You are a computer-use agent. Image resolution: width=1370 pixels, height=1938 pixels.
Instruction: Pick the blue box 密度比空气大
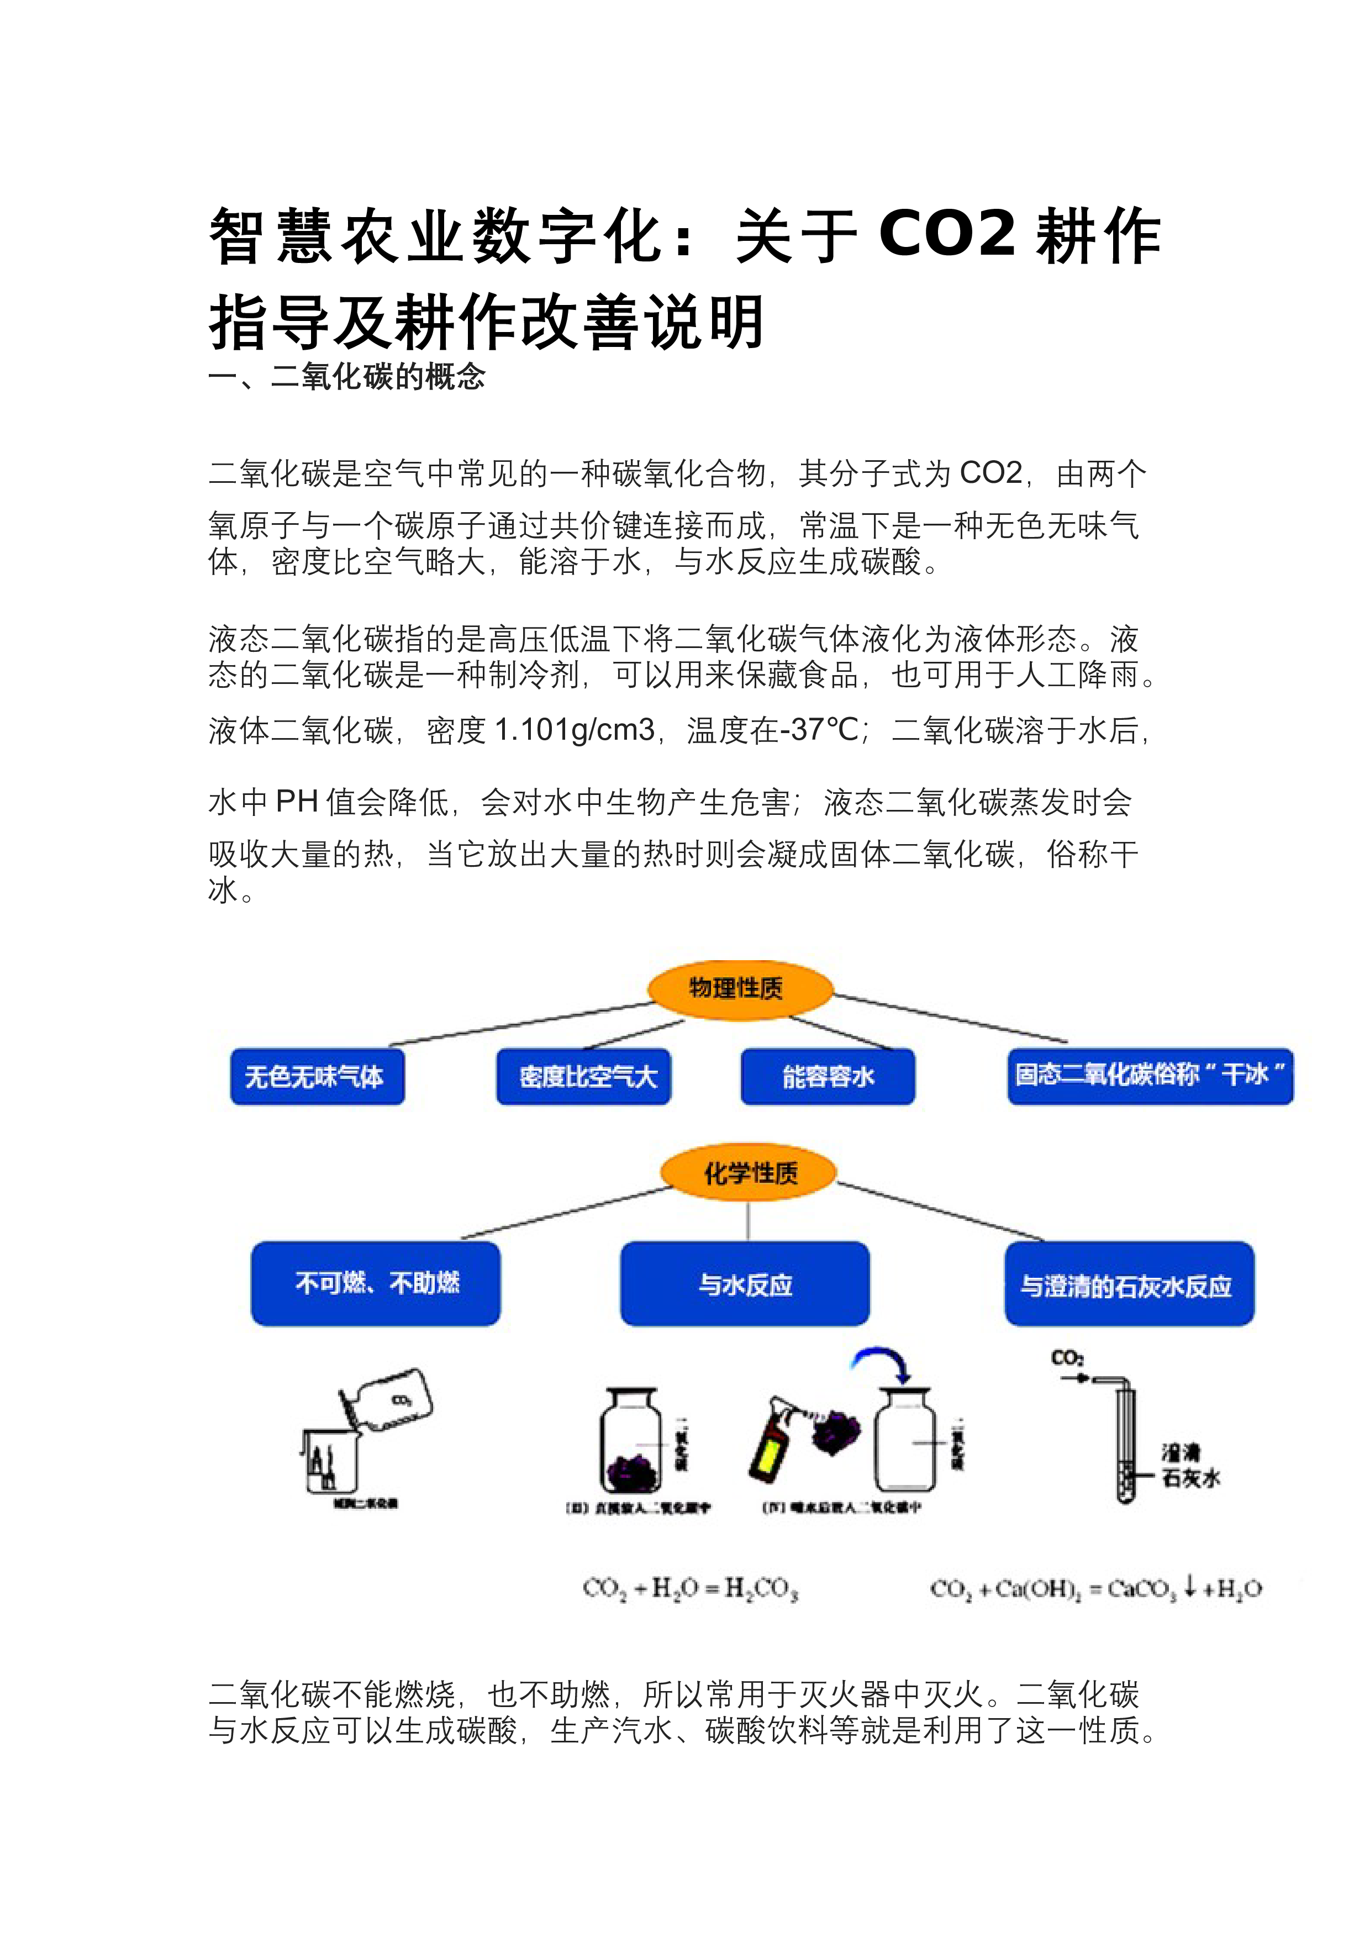tap(583, 1076)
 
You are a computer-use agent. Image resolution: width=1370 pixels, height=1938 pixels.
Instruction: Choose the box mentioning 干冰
tap(1150, 1076)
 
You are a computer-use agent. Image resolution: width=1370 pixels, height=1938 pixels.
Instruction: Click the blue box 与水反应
tap(745, 1284)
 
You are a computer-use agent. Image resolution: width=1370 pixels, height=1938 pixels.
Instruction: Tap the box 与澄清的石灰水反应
tap(1129, 1284)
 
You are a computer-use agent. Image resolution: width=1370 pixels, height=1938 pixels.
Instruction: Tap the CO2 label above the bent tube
tap(1067, 1358)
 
